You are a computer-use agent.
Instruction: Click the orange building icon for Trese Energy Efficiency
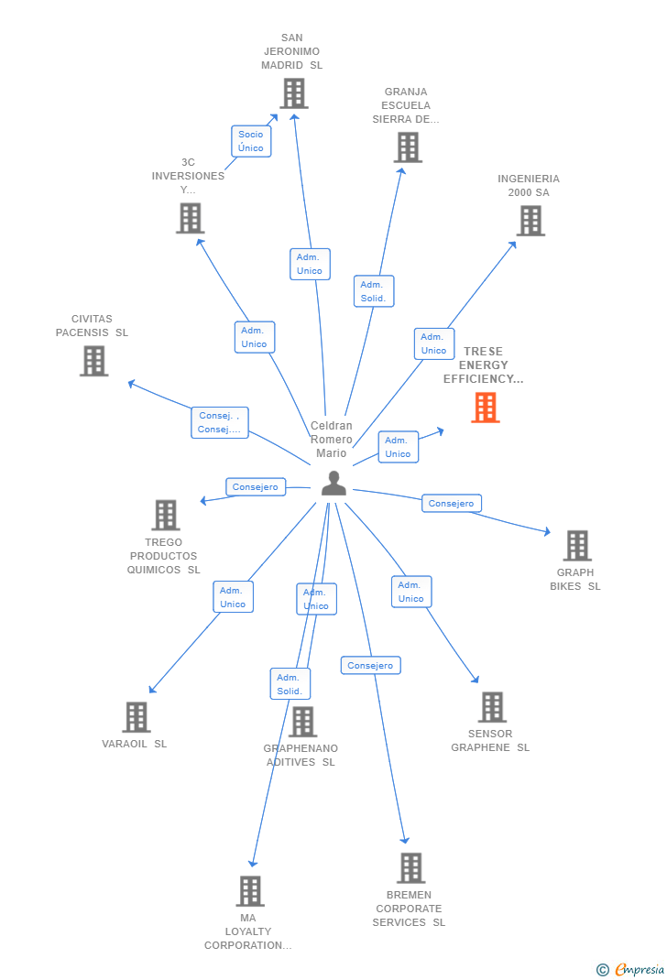485,408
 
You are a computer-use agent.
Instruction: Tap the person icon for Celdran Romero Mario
333,483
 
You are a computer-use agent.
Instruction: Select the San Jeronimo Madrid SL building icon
293,93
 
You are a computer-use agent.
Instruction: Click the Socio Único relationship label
251,141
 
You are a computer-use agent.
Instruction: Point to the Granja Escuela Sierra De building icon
408,147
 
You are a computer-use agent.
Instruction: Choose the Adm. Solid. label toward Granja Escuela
373,291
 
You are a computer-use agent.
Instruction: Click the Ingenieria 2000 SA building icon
530,221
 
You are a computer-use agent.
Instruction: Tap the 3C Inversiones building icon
190,218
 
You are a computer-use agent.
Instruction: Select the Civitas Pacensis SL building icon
93,361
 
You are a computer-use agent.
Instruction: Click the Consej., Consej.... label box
220,422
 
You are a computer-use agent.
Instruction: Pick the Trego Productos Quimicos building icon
165,515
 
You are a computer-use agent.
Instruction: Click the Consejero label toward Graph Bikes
452,503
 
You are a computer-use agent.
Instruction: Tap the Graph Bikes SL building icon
576,546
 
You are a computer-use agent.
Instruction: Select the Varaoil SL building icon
136,717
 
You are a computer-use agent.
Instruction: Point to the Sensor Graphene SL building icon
492,707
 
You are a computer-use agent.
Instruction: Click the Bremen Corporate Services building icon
410,868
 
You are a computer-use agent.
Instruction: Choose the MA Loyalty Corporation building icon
249,891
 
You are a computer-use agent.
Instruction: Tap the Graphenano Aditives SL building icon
302,722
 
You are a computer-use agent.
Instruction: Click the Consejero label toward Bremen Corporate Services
371,666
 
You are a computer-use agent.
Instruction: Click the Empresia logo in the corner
631,969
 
